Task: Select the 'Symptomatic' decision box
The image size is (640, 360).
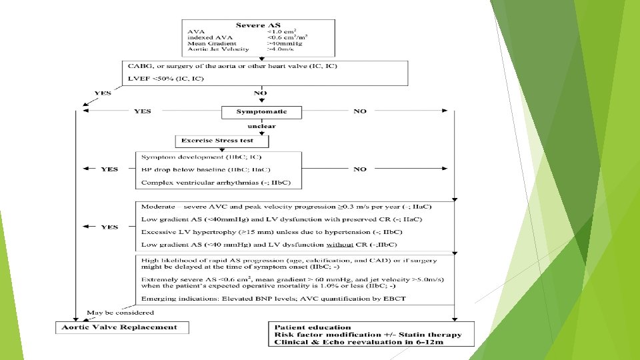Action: pos(261,111)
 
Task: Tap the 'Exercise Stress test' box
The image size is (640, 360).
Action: pos(223,141)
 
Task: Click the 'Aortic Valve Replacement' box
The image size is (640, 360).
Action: pos(121,327)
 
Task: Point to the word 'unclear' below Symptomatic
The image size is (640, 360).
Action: pos(261,126)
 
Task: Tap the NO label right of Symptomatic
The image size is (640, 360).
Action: pos(360,111)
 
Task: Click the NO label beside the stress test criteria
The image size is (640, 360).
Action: pos(360,169)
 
